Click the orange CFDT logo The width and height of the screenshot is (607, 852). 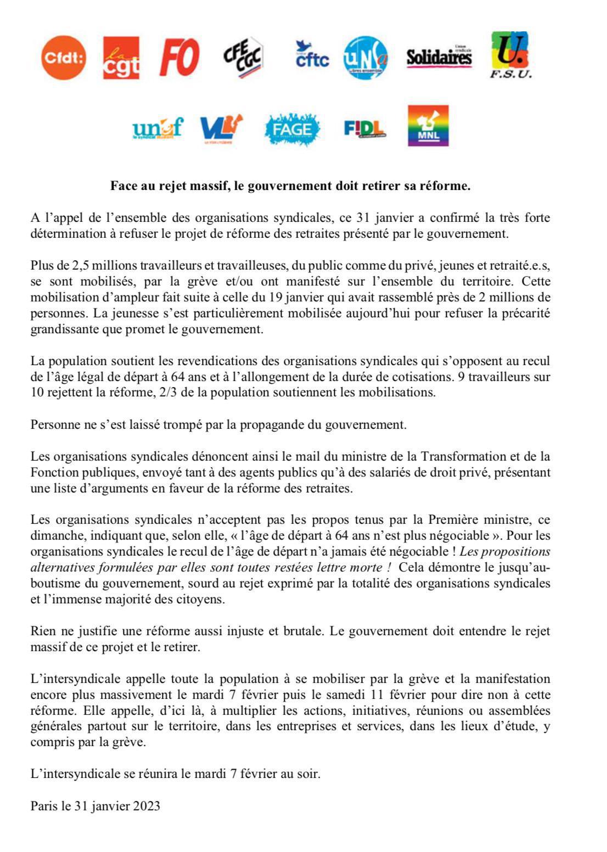tap(64, 58)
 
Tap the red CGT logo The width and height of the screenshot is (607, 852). tap(121, 58)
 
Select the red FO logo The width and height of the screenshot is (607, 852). tap(179, 58)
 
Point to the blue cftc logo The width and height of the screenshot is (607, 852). tap(312, 55)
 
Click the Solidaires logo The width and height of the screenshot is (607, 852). tap(439, 57)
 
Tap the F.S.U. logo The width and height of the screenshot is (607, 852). tap(510, 55)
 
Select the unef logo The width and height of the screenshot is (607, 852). tap(157, 129)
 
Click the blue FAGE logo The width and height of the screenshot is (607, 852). tap(292, 130)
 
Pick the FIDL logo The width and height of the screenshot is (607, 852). tap(364, 129)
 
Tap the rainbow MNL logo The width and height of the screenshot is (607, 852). tap(428, 126)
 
